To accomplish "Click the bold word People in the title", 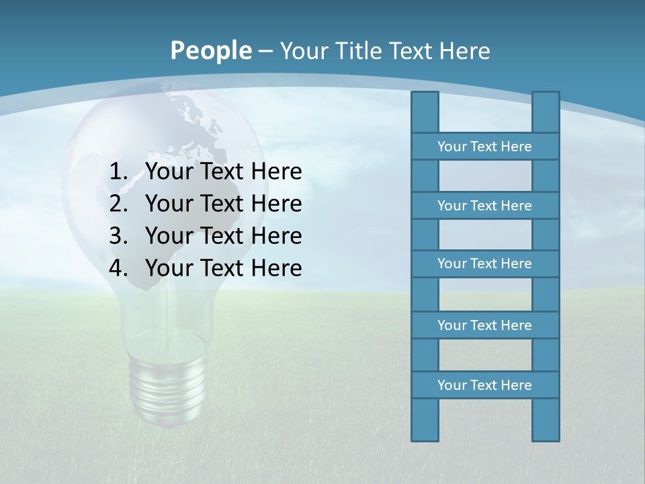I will (211, 51).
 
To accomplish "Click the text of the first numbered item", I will (223, 172).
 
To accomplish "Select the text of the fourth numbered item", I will (223, 268).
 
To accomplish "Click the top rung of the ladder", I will (484, 147).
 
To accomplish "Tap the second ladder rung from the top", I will (484, 206).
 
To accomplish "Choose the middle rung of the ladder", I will (484, 264).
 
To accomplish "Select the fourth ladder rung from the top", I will (484, 325).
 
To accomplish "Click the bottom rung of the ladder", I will (484, 385).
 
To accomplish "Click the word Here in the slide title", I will (465, 51).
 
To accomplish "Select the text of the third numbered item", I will (223, 236).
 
